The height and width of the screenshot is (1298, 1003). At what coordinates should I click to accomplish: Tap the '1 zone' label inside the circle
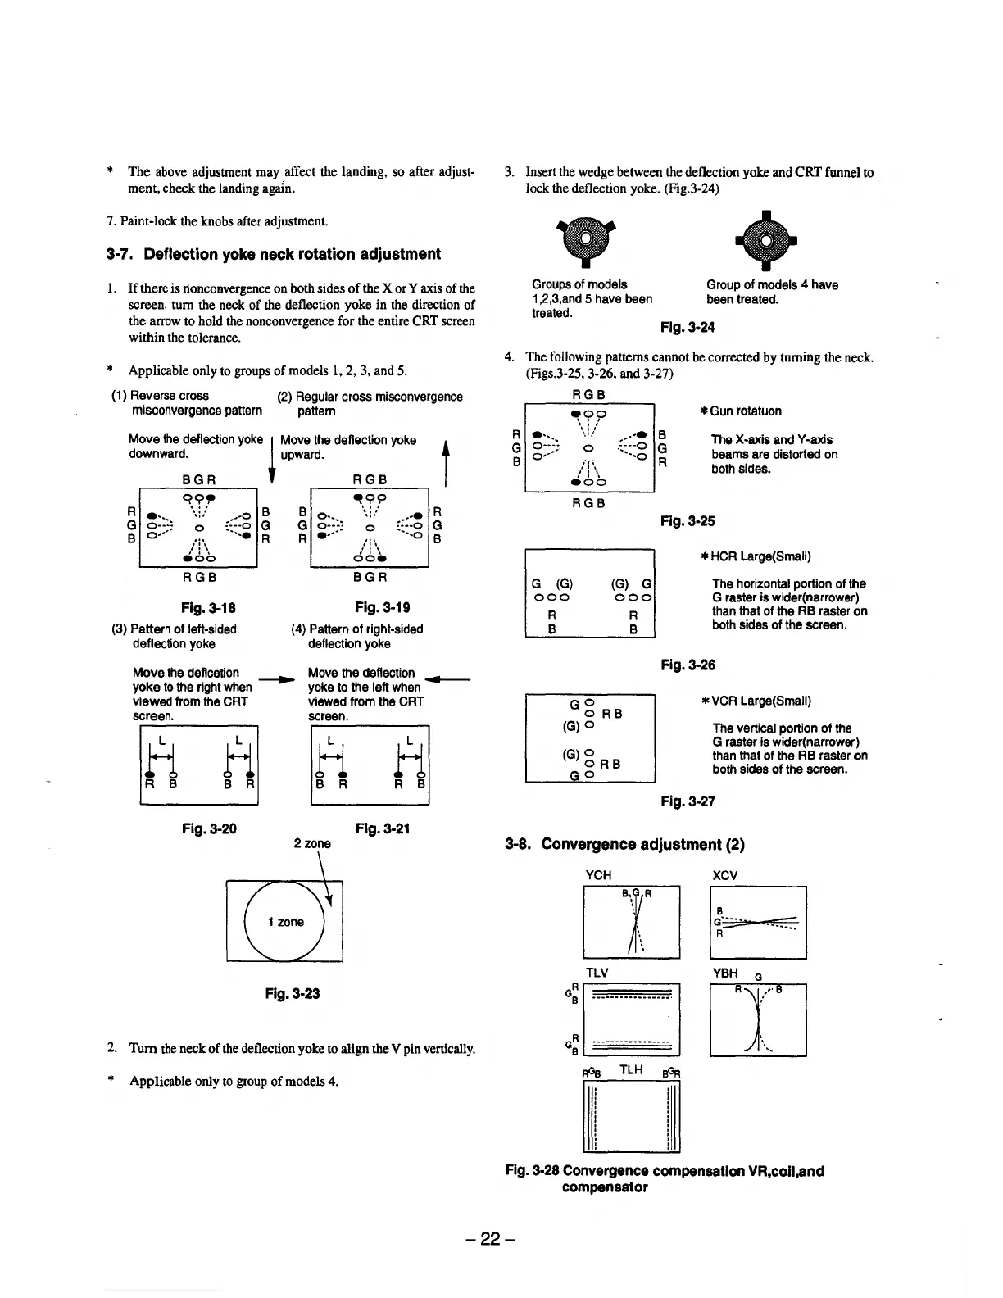click(x=284, y=922)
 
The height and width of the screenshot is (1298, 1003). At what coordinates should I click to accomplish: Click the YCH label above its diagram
click(x=599, y=875)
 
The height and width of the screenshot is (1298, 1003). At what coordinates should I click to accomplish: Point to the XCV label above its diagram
click(x=726, y=875)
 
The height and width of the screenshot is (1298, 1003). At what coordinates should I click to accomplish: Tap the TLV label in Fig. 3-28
click(x=598, y=973)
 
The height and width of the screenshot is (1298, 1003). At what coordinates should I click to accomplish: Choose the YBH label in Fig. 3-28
click(x=725, y=973)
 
